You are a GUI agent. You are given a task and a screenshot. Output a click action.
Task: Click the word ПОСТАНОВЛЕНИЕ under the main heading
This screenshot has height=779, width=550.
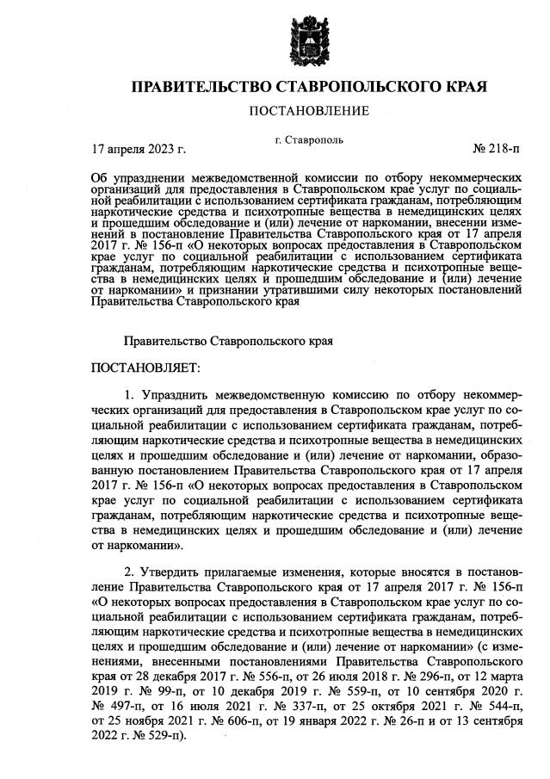pyautogui.click(x=308, y=110)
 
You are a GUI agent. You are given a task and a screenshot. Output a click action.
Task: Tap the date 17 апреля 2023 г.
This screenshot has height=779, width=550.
pyautogui.click(x=139, y=149)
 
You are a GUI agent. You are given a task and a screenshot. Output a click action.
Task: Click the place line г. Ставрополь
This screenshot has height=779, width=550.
pyautogui.click(x=309, y=139)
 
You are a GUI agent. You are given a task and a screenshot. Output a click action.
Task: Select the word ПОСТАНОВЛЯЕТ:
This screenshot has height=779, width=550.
pyautogui.click(x=145, y=368)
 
